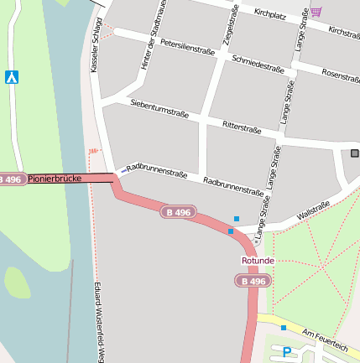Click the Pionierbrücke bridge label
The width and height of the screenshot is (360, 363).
(53, 179)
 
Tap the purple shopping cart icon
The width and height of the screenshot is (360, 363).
(316, 12)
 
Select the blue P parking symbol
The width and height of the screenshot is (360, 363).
(287, 353)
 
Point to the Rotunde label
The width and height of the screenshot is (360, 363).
(258, 261)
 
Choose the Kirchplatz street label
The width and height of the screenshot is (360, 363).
(270, 14)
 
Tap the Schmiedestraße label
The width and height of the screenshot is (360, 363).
(258, 62)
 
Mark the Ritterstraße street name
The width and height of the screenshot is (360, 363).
(242, 127)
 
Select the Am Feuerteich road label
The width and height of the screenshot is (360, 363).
(324, 339)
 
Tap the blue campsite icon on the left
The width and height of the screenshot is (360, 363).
(12, 77)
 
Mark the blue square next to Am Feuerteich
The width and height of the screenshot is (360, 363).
(284, 327)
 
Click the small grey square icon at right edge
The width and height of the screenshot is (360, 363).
(354, 153)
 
